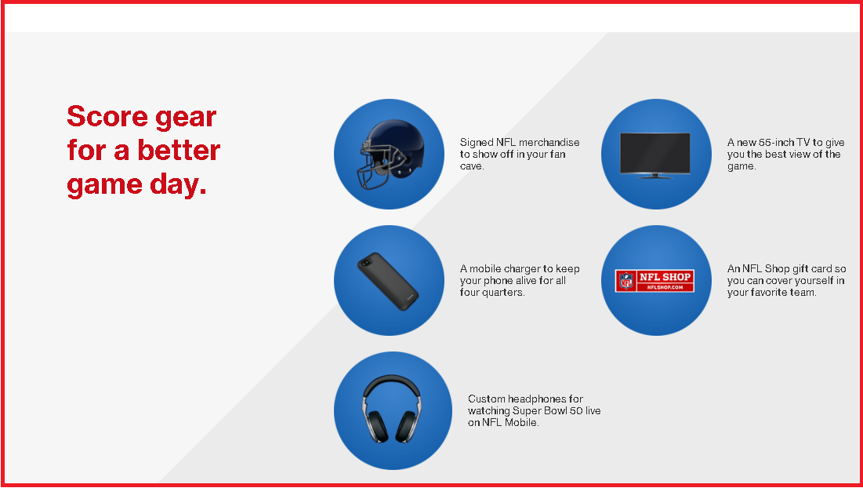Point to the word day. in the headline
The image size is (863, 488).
click(x=178, y=186)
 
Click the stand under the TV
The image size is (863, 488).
click(x=655, y=177)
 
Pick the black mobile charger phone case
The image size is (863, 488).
click(x=388, y=282)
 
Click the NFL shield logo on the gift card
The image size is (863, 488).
click(x=626, y=281)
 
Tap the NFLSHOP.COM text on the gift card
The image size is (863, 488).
click(x=665, y=287)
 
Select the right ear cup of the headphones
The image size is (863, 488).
click(x=408, y=426)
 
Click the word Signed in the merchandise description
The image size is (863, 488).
click(x=477, y=143)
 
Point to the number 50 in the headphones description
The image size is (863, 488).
click(x=574, y=411)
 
